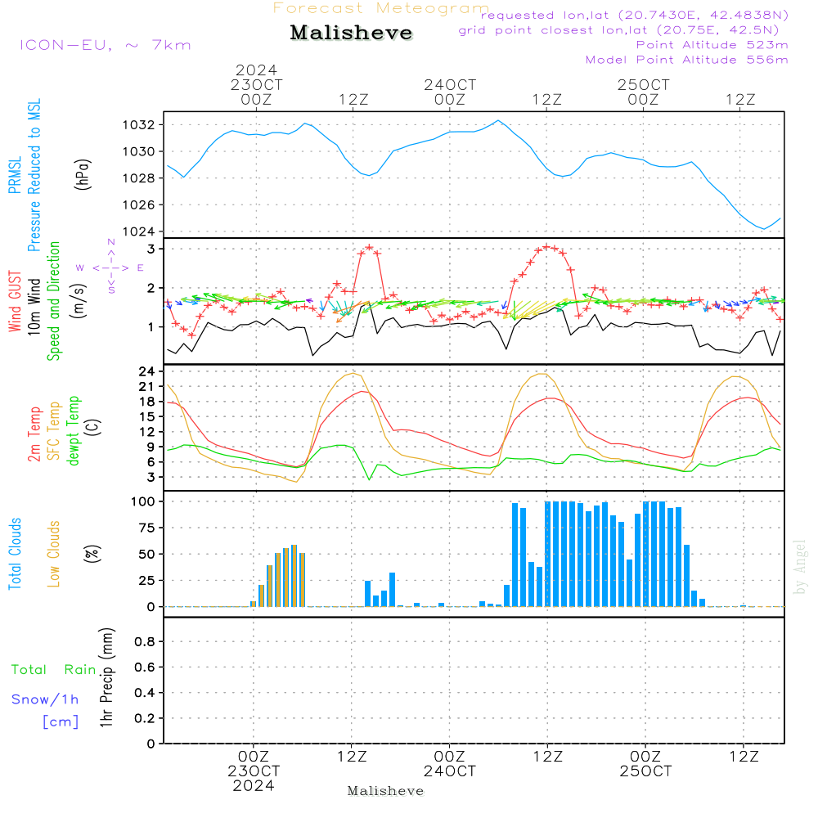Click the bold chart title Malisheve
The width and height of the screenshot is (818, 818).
click(x=352, y=33)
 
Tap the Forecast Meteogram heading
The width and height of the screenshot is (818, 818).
click(x=381, y=8)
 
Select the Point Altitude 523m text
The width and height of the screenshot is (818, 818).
click(x=712, y=45)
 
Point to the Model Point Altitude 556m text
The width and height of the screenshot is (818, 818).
click(x=687, y=60)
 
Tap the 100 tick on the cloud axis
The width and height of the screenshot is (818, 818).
click(x=144, y=501)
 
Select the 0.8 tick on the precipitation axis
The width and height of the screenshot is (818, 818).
click(x=146, y=642)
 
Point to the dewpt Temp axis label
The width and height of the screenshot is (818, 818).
click(x=73, y=430)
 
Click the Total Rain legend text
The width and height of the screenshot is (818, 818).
click(x=53, y=670)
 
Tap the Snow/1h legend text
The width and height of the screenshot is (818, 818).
click(x=46, y=700)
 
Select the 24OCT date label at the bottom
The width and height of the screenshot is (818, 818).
click(x=450, y=771)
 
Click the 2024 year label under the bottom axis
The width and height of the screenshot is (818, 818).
click(x=254, y=786)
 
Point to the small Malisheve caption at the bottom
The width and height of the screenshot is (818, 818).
click(x=385, y=791)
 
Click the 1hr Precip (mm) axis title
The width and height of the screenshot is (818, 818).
click(x=106, y=678)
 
